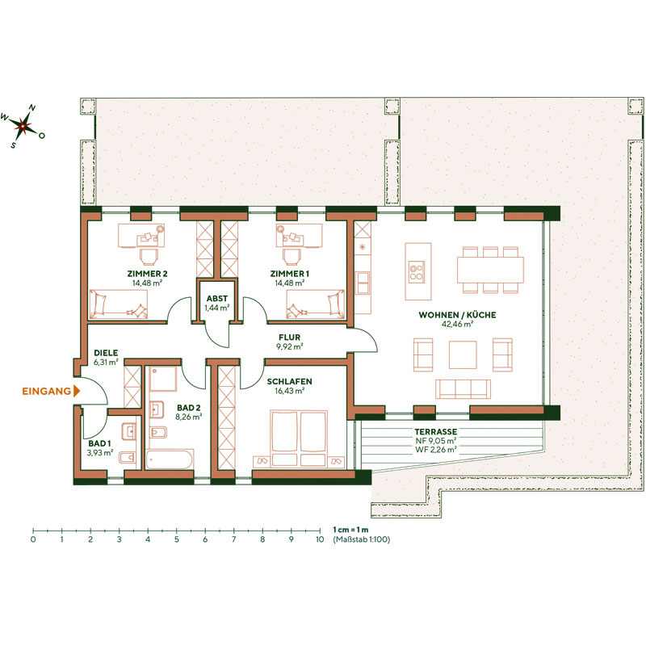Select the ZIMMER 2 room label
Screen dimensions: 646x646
[146, 275]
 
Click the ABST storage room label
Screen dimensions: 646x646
[217, 297]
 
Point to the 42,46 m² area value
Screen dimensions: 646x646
[457, 325]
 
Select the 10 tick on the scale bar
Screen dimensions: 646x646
[320, 539]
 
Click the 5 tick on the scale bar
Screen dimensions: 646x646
[176, 539]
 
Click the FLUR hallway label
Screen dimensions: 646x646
[289, 338]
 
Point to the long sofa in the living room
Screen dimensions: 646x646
[463, 389]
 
